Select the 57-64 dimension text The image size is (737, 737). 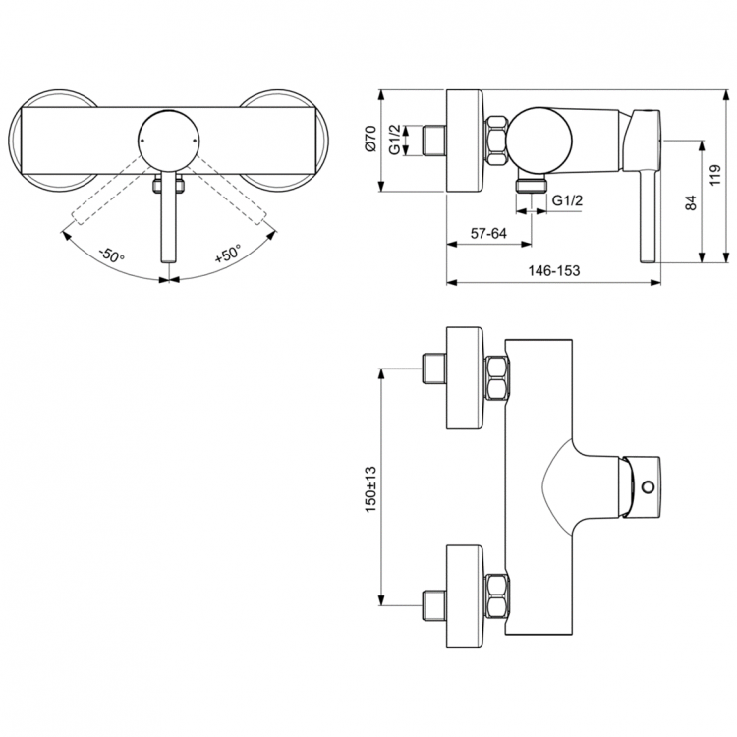tap(488, 233)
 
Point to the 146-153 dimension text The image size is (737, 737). tap(551, 271)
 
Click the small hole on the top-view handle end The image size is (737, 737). tap(647, 486)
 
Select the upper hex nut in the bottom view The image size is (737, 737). tap(496, 378)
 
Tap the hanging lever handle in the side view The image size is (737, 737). tap(648, 197)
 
